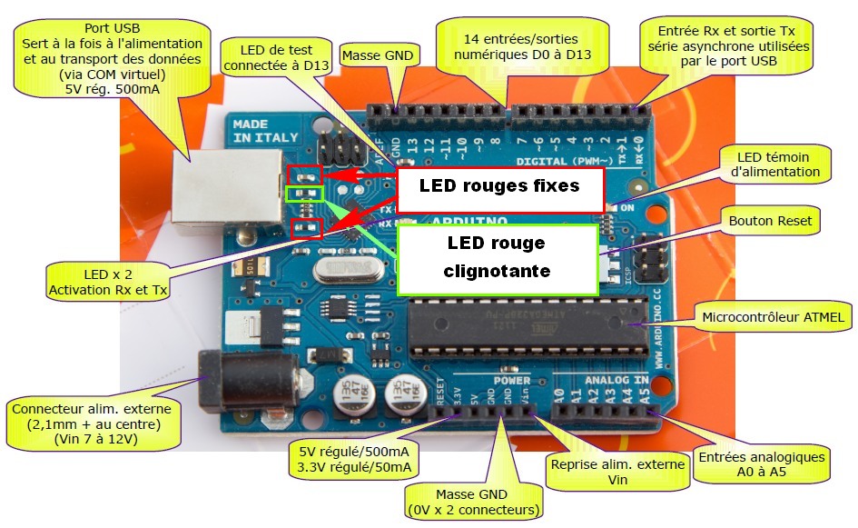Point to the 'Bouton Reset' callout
770,220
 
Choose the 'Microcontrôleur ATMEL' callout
773,317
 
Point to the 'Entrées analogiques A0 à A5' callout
761,464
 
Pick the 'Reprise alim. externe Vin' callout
616,472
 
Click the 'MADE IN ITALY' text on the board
257,130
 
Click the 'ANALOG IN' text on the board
616,379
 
